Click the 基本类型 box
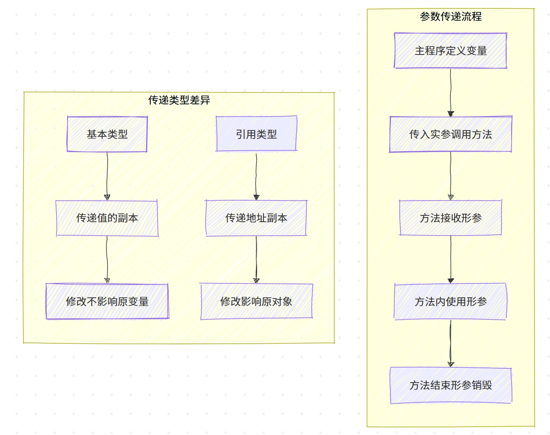point(107,134)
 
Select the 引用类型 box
point(256,134)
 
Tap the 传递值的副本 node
point(107,218)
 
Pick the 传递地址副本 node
point(256,218)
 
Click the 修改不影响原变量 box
point(107,302)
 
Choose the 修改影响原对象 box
point(256,302)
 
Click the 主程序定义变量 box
point(450,51)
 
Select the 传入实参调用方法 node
point(450,134)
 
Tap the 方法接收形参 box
point(450,218)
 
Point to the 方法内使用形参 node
point(450,302)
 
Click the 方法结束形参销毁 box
point(450,385)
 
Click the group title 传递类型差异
point(179,100)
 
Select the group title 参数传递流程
point(450,16)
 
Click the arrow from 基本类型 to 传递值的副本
point(107,175)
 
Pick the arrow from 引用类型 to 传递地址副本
point(256,175)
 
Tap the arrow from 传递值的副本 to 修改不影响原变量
point(107,259)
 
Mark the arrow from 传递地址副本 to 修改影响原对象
point(256,259)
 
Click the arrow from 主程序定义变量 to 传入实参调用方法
point(450,92)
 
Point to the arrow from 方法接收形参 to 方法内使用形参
point(450,259)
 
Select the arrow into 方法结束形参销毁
point(450,343)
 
